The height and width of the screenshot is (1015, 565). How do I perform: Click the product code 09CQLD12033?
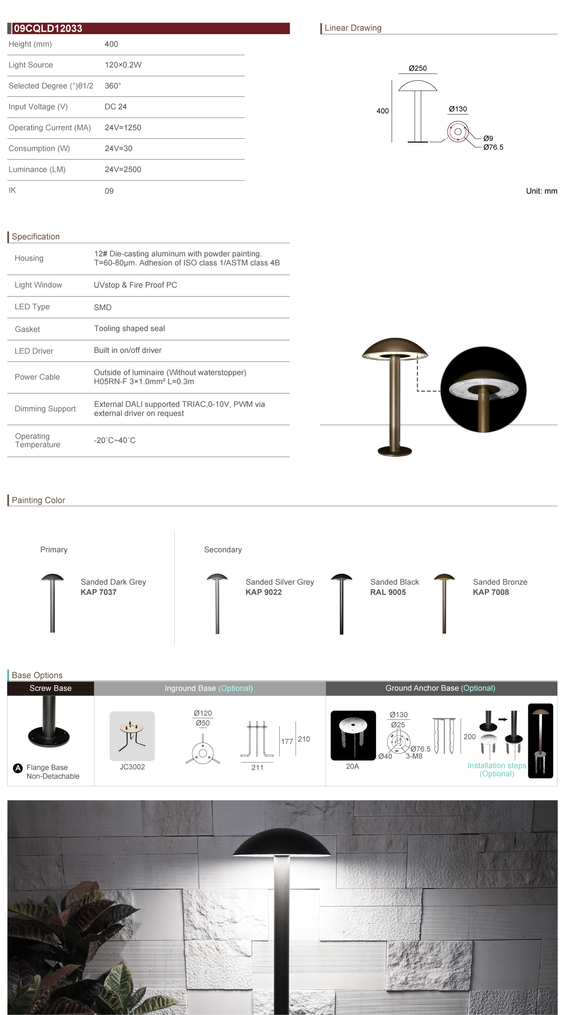point(48,29)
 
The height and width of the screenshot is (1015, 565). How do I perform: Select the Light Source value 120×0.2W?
point(123,65)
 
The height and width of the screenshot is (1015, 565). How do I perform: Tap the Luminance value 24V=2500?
point(123,170)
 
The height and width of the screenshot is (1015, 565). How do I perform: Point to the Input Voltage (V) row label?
point(38,107)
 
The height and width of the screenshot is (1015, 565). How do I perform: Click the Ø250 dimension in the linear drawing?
point(417,68)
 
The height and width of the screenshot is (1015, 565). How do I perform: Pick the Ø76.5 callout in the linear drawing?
point(493,148)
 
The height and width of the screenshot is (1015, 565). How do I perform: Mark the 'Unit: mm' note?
point(541,191)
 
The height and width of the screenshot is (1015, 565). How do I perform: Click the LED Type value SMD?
point(102,307)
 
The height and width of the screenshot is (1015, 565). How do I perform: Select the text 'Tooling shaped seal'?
point(130,329)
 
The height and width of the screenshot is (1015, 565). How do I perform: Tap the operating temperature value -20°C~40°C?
point(115,441)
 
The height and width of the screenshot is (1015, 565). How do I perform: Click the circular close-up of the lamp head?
point(483,390)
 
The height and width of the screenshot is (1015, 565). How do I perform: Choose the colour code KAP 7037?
point(98,592)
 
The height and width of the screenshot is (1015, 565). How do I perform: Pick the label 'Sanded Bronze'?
point(500,582)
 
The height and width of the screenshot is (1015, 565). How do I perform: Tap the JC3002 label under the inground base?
point(132,767)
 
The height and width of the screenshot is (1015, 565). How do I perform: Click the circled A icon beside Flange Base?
point(18,768)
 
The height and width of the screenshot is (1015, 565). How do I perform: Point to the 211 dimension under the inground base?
point(257,768)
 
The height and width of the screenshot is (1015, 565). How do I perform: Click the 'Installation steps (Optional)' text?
point(497,770)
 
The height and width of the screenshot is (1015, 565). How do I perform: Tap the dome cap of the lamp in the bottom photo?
point(282,843)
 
